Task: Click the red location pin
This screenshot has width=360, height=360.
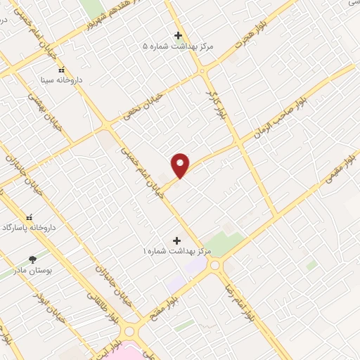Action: pos(181,165)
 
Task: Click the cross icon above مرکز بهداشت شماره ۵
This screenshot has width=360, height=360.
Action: pos(178,35)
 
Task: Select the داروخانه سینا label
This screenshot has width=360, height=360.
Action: pos(60,80)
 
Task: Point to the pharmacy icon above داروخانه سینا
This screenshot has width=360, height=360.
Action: pos(61,70)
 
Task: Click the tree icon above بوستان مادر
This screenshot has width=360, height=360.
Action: pos(31,259)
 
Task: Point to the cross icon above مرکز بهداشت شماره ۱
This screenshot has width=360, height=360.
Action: pos(176,240)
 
